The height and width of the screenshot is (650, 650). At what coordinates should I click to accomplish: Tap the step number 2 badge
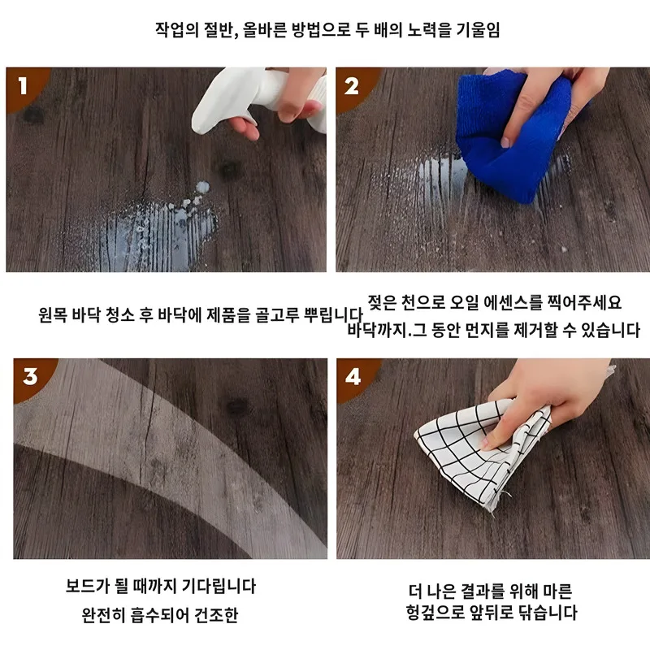353,86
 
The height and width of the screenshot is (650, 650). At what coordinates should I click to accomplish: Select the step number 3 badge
31,376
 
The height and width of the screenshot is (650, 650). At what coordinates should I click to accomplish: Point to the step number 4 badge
353,376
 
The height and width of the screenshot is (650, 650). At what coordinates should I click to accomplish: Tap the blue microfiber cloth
511,132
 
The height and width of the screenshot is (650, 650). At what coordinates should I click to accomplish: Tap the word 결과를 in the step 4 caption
482,591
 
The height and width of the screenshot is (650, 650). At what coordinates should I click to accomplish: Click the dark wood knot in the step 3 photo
238,406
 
